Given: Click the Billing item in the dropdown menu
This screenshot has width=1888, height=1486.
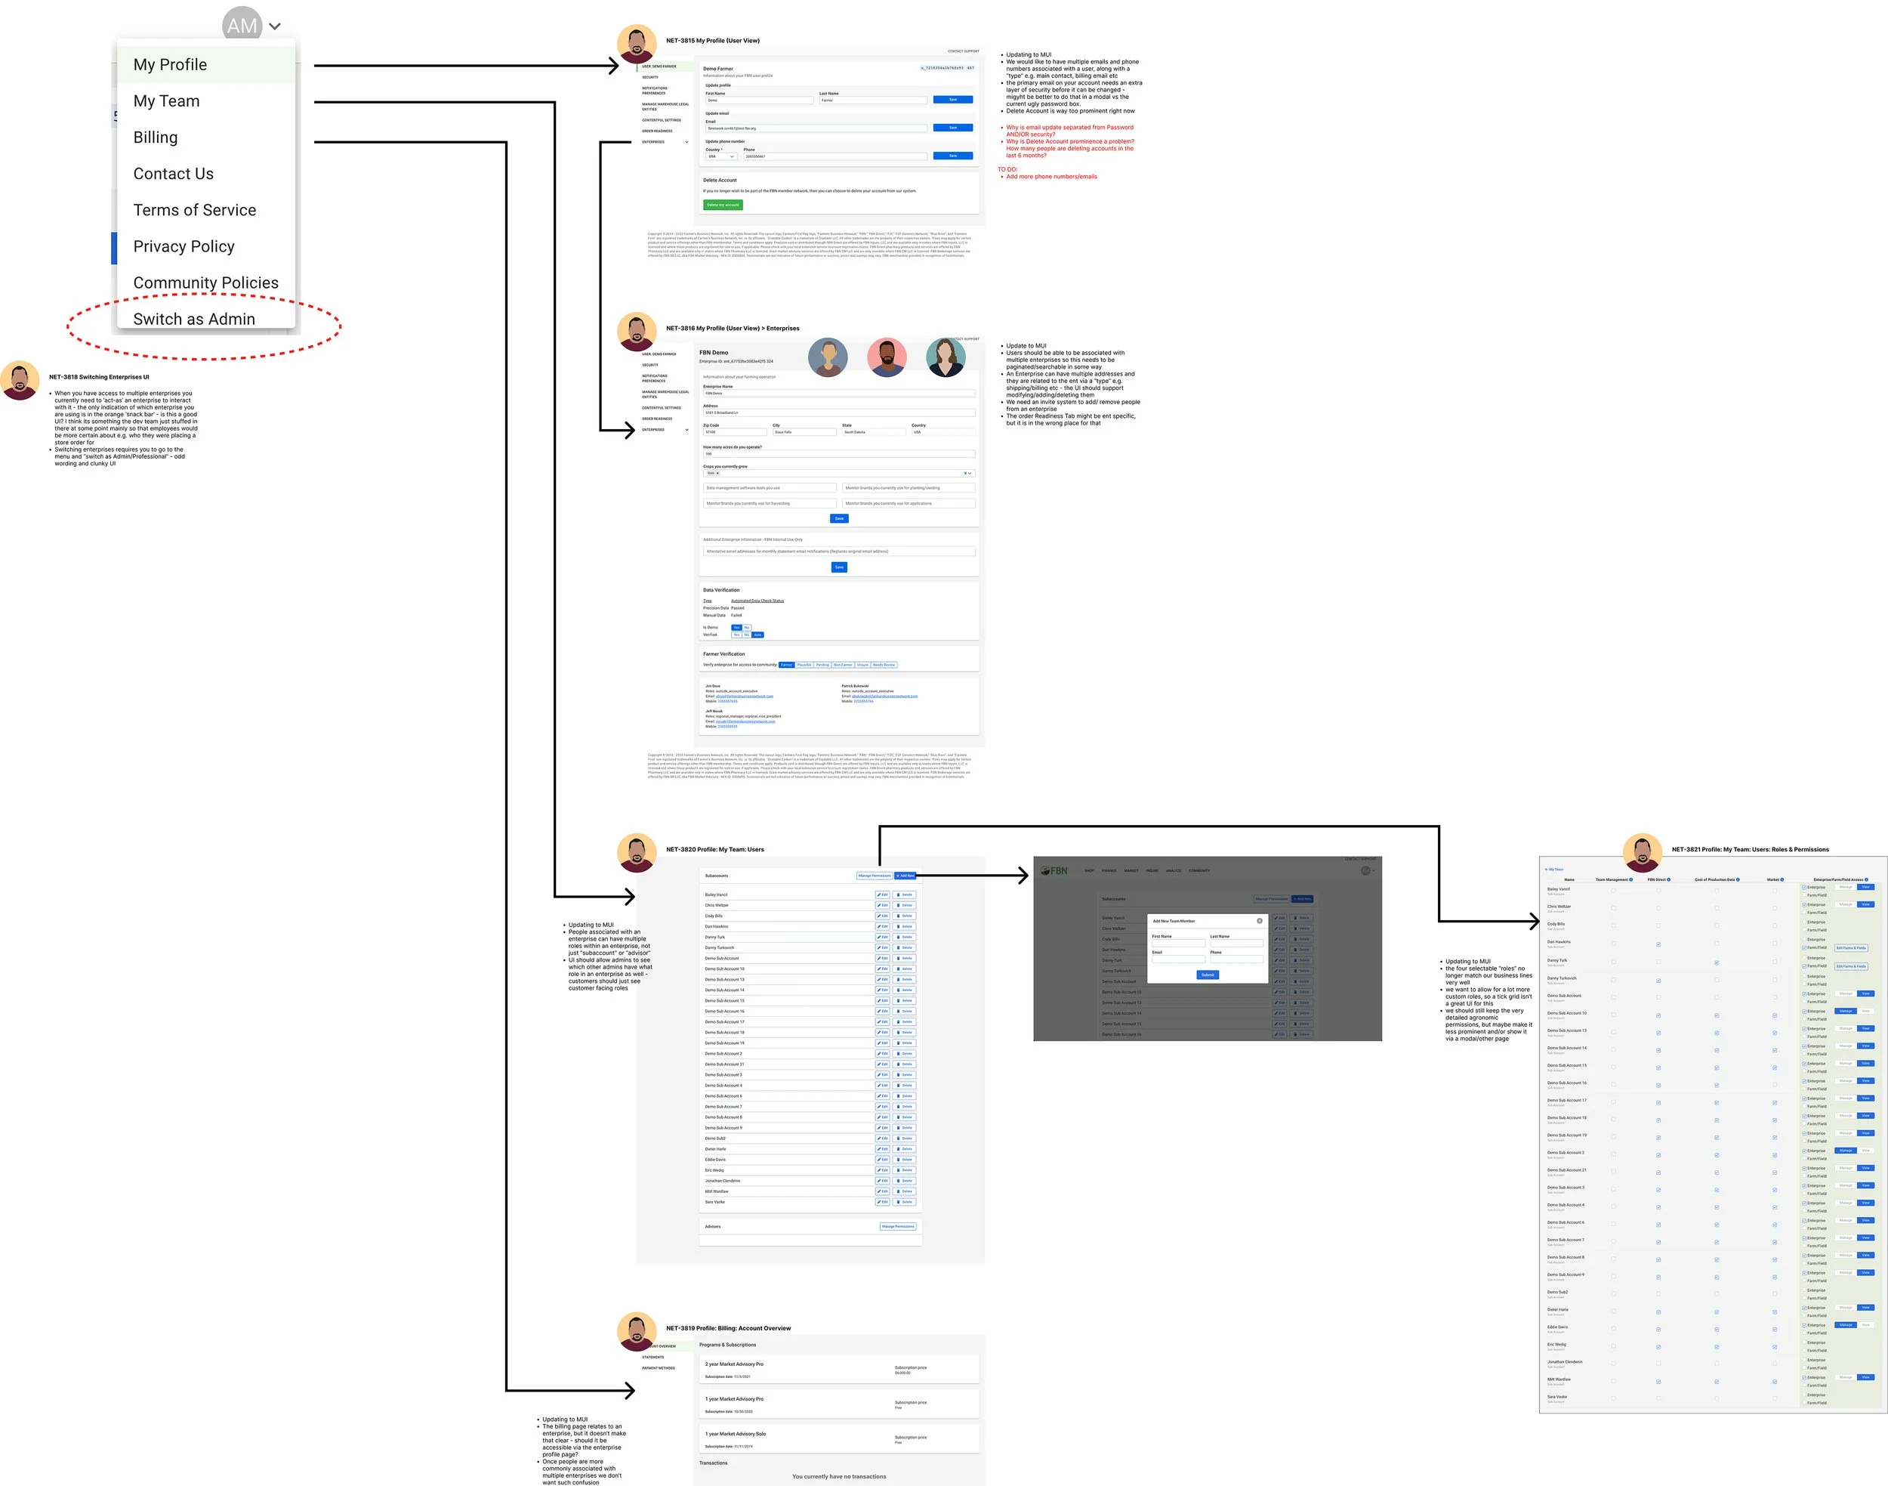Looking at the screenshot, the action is point(156,137).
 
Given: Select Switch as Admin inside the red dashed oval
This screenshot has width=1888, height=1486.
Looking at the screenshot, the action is point(194,319).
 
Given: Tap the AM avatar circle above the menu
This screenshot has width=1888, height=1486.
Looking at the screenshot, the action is point(242,25).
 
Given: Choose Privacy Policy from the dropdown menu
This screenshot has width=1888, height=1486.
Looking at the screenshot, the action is point(184,246).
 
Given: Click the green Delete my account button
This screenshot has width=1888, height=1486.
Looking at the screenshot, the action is point(723,205).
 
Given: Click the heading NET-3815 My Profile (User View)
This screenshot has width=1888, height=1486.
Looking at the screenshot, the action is point(712,41).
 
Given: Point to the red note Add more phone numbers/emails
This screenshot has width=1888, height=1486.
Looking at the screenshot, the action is point(1050,177).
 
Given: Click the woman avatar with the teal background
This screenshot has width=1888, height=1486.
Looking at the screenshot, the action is point(946,357).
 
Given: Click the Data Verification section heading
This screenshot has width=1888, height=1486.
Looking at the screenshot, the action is point(721,590).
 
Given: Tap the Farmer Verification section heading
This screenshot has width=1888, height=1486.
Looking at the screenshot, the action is point(723,653).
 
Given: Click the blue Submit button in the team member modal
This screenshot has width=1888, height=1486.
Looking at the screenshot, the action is point(1207,975).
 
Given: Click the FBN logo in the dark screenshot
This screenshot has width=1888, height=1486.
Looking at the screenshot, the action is point(1054,870).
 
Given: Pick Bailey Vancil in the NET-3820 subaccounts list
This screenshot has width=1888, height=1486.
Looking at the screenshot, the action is point(716,894).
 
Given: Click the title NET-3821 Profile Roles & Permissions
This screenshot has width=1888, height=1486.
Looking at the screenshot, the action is point(1750,849).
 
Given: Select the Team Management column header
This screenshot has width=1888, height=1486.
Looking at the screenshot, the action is point(1612,879).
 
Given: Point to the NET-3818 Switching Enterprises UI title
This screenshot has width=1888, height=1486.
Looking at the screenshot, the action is point(99,377).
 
